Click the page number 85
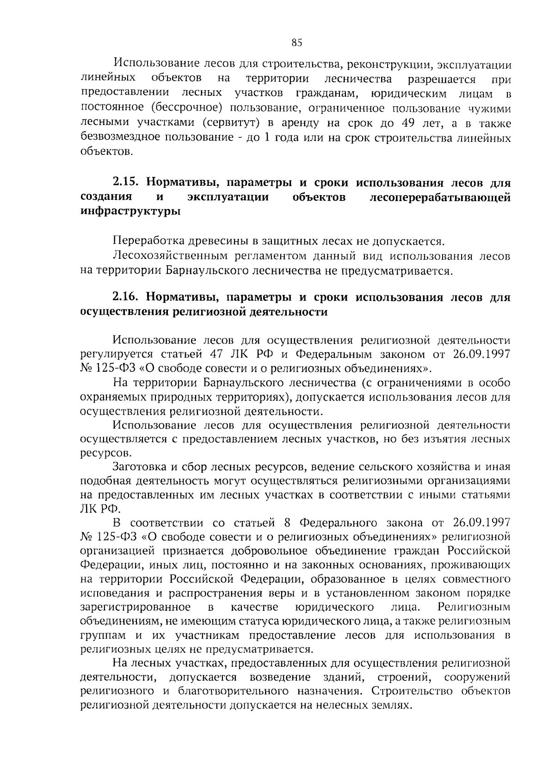[296, 43]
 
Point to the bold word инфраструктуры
[130, 212]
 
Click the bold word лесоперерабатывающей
[441, 197]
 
